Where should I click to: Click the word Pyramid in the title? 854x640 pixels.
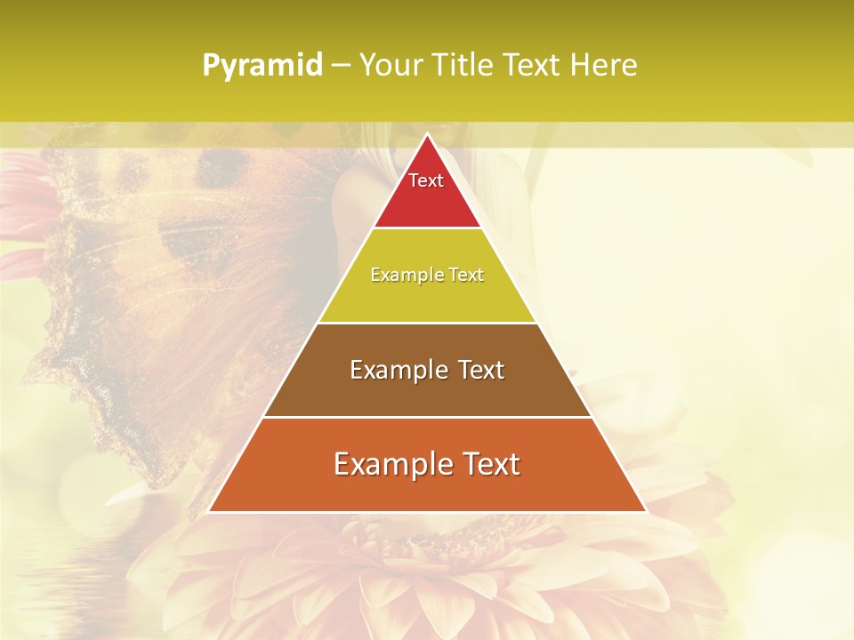pos(262,66)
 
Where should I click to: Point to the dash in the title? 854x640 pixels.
pos(341,67)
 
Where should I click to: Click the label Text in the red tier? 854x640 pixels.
pos(426,180)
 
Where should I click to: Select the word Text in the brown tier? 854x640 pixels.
pos(480,370)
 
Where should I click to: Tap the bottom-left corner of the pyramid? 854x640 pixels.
pos(209,511)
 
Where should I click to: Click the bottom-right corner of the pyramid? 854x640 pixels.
pos(646,511)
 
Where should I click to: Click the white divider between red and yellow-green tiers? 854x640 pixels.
pos(427,228)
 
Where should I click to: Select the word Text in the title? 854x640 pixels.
pos(531,66)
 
